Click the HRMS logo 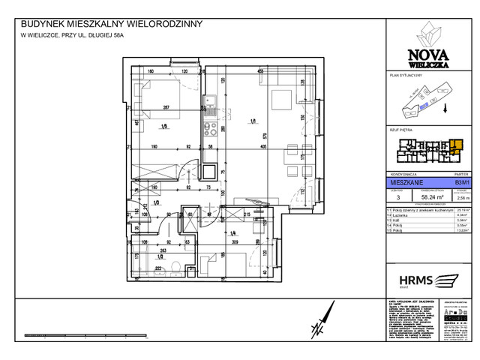(429, 280)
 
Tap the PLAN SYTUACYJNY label (405, 76)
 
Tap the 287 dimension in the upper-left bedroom (166, 108)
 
